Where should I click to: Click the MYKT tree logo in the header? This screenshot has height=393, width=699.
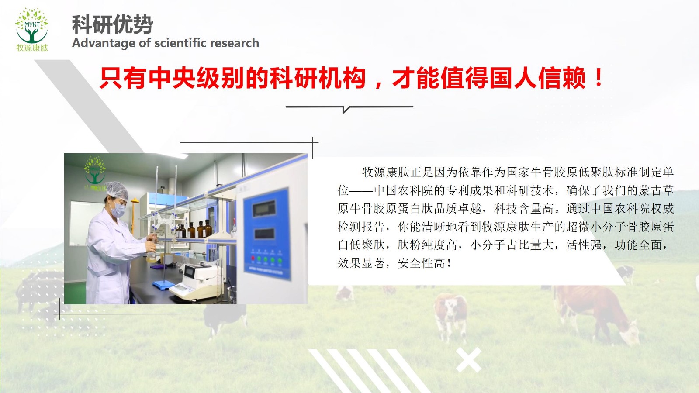[32, 29]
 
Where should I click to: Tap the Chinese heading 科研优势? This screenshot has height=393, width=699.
[112, 24]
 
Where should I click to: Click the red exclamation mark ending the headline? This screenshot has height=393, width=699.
[599, 78]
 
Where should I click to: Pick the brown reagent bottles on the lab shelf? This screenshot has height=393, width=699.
[195, 229]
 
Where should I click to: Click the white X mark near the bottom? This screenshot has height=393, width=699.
[468, 360]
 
